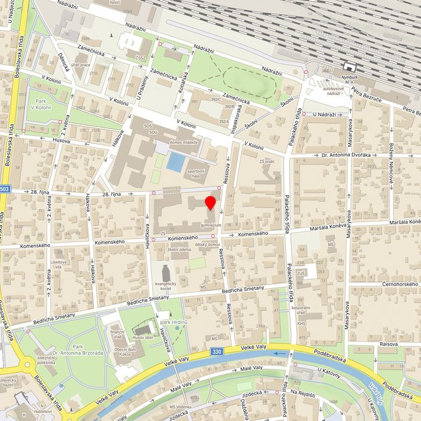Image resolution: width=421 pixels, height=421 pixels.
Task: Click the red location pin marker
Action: [x=210, y=204]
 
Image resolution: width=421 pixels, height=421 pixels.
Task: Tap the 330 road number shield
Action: [x=217, y=352]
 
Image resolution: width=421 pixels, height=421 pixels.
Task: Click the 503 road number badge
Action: [x=5, y=189]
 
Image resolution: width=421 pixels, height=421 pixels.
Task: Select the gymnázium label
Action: [x=210, y=225]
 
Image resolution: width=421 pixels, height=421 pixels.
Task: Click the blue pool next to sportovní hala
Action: [x=174, y=162]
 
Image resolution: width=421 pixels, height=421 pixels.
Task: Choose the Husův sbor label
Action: [x=143, y=338]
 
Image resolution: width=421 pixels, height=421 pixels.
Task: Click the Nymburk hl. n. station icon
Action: [x=350, y=67]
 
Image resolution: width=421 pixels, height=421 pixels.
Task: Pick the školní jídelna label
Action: [x=180, y=249]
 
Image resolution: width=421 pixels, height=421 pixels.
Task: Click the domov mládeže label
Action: [x=184, y=142]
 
